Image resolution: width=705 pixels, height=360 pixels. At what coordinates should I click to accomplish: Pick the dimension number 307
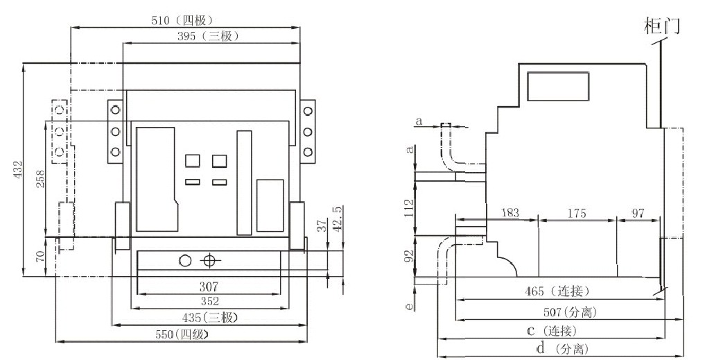pyautogui.click(x=209, y=286)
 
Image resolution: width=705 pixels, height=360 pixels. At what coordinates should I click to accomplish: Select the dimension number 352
pyautogui.click(x=209, y=301)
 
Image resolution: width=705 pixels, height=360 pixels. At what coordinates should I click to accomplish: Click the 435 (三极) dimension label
pyautogui.click(x=210, y=317)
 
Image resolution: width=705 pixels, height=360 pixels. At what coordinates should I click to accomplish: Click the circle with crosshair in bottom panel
pyautogui.click(x=209, y=261)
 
